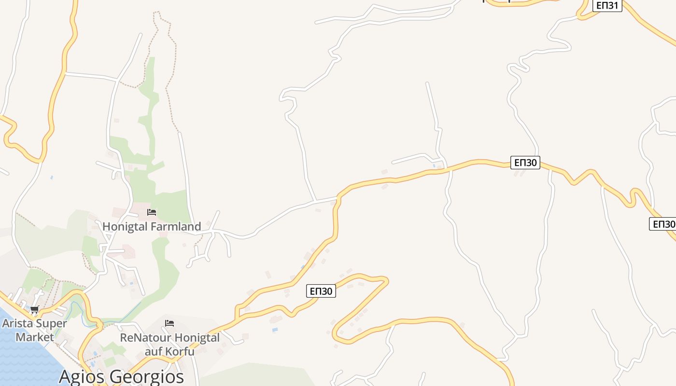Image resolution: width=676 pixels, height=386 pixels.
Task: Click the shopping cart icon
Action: tap(34, 310)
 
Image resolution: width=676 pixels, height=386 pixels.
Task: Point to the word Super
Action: tap(53, 323)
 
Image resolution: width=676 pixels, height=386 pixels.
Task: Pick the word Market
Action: tap(35, 336)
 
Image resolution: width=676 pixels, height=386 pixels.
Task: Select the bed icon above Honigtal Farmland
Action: tap(152, 212)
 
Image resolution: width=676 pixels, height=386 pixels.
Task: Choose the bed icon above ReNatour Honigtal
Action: tap(169, 323)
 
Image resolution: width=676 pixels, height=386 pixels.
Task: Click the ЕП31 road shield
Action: tap(607, 5)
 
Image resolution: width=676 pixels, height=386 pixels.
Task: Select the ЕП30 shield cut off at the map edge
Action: tap(663, 224)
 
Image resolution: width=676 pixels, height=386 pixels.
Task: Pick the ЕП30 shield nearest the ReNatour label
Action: tap(321, 291)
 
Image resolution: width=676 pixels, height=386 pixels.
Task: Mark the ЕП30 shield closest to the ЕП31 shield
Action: tap(525, 162)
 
